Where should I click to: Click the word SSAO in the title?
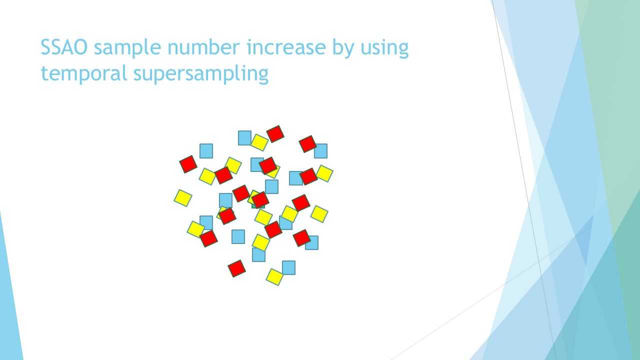64,47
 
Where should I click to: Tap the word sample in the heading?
127,47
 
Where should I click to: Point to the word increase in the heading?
286,47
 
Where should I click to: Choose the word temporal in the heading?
83,74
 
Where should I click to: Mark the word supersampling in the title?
201,74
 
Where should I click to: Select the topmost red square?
275,133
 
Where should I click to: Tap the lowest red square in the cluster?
236,268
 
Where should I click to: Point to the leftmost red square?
188,164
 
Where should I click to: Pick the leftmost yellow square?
183,198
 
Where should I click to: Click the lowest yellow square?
274,277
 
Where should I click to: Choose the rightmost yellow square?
324,173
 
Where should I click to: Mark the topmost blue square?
244,138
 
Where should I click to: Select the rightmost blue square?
320,151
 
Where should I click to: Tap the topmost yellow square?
259,142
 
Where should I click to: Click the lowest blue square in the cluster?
288,267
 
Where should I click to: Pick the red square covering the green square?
260,199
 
